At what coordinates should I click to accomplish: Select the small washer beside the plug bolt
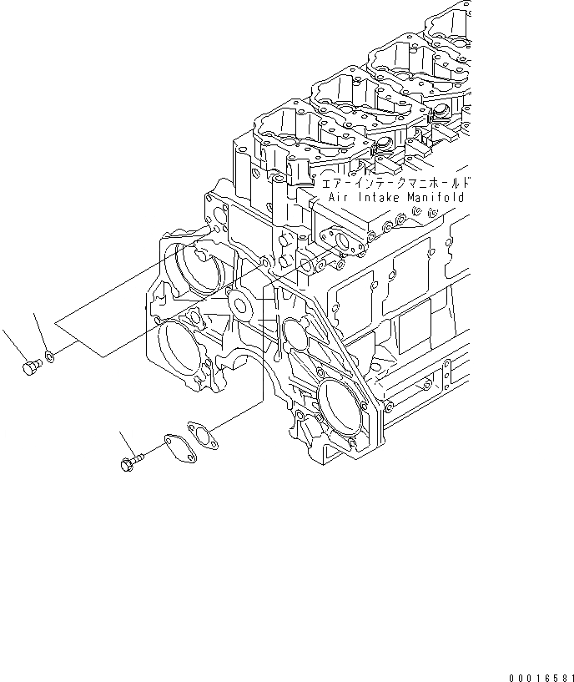click(x=52, y=356)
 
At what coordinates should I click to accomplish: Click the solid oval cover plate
click(x=174, y=445)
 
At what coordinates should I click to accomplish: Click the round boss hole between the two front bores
click(x=244, y=306)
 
